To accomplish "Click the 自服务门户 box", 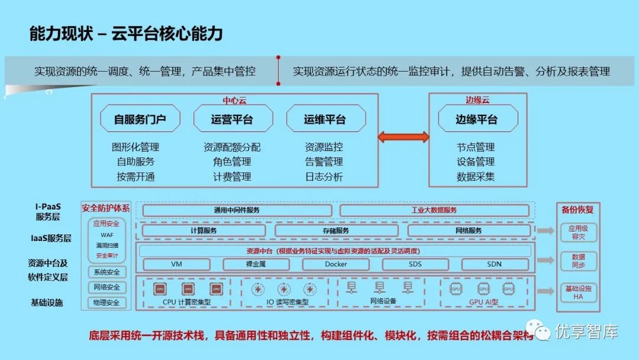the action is click(140, 119).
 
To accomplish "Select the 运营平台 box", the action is click(233, 119).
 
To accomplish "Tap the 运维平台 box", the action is click(325, 119).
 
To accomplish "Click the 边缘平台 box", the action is click(476, 119).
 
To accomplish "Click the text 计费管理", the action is click(233, 176).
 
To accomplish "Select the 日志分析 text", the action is click(324, 176).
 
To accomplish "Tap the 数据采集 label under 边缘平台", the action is click(476, 176).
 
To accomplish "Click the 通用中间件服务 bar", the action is click(237, 210).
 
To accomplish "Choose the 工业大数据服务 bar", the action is click(434, 210).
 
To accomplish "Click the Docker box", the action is click(336, 264).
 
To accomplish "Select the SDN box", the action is click(495, 264).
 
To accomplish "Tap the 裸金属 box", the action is click(257, 264).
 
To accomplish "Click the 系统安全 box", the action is click(107, 272).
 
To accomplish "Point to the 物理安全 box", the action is click(107, 303).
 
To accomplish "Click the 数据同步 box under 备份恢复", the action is click(579, 261).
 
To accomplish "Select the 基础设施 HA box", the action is click(579, 292).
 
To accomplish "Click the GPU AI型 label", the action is click(484, 302).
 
